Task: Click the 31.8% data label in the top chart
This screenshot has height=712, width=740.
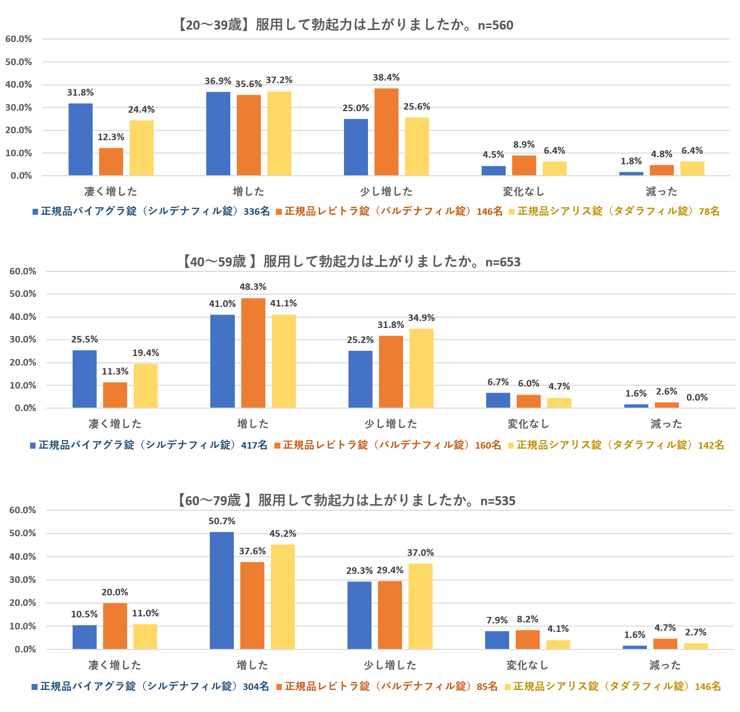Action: (x=80, y=93)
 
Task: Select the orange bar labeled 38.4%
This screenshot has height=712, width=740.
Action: (x=386, y=132)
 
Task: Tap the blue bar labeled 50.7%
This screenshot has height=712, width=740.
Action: (x=221, y=590)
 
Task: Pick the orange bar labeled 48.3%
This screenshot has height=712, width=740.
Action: (x=253, y=352)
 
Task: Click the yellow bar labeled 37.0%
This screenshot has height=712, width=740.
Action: (x=420, y=606)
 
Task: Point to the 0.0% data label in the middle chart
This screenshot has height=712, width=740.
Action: (x=696, y=398)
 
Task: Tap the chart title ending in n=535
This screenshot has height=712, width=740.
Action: (x=345, y=500)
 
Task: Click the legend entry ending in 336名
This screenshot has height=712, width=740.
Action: (x=151, y=211)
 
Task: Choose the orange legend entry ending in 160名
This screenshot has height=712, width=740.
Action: (x=388, y=445)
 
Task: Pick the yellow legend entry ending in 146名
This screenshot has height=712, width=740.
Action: (x=613, y=686)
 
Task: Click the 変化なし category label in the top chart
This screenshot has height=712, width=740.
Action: (x=523, y=191)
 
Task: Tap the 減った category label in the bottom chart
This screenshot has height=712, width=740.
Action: (x=665, y=665)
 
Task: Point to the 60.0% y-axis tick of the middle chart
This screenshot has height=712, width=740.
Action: (x=23, y=271)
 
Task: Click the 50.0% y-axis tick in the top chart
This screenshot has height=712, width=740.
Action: (x=19, y=62)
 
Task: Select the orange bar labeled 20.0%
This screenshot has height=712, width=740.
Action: (x=115, y=626)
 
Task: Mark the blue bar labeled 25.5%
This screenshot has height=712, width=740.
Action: (x=84, y=379)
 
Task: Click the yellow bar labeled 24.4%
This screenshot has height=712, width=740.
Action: (x=141, y=148)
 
